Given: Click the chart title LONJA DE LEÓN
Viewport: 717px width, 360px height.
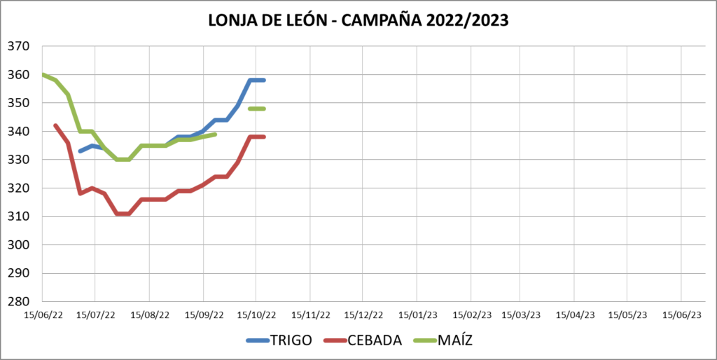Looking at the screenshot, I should pos(358,20).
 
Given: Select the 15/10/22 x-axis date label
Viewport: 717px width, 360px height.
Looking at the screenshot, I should pos(257,316).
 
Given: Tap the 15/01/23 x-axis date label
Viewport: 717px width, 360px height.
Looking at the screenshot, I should pos(417,316).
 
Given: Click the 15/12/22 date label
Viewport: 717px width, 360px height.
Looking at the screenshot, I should pos(363,316).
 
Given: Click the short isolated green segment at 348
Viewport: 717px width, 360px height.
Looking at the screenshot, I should pos(257,109).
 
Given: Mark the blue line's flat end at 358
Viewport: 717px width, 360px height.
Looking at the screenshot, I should pos(257,80).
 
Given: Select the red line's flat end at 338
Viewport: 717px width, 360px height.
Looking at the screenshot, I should pos(257,137).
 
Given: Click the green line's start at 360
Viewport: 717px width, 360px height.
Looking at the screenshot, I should pos(43,74).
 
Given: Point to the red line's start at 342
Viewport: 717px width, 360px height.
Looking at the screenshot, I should pos(55,125).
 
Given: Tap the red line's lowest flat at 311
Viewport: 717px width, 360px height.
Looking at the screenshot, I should pos(123,214).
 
